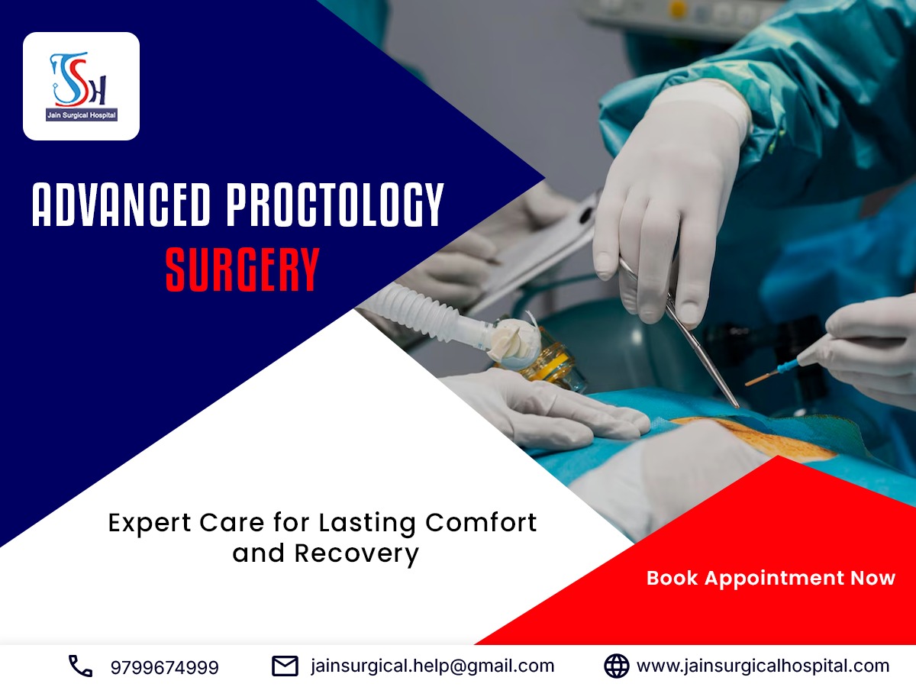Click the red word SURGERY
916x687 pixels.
(x=242, y=269)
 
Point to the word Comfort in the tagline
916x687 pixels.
(x=481, y=523)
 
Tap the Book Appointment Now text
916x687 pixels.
(x=770, y=578)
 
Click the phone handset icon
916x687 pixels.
(x=80, y=666)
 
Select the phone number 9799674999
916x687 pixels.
(x=164, y=667)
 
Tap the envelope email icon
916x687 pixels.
(x=285, y=666)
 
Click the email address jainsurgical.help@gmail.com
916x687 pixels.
(x=432, y=666)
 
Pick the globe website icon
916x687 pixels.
(x=616, y=666)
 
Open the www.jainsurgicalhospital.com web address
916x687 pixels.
(x=763, y=666)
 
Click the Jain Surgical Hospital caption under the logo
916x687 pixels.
(x=81, y=115)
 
